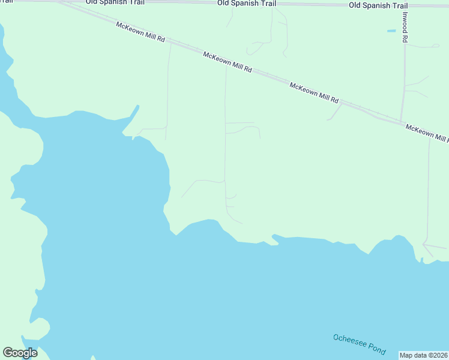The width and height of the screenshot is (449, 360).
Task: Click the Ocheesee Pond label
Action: [359, 344]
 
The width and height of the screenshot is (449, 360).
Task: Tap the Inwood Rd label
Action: [406, 27]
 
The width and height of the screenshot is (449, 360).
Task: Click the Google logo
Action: [20, 353]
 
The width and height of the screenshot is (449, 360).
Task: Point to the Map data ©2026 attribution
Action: [423, 355]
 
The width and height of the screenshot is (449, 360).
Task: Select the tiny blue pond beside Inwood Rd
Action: [391, 31]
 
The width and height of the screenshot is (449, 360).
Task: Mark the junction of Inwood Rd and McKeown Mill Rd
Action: [401, 122]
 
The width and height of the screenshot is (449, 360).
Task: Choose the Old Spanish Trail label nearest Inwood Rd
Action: [378, 5]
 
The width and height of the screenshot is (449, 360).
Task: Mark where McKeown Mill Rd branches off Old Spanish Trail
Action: [60, 2]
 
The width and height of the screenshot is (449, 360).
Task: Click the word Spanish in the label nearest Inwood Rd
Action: [378, 5]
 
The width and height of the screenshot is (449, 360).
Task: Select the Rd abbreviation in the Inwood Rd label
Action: [406, 38]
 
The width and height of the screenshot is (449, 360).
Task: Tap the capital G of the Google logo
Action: [8, 353]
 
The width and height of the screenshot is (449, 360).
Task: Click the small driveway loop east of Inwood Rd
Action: [430, 46]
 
